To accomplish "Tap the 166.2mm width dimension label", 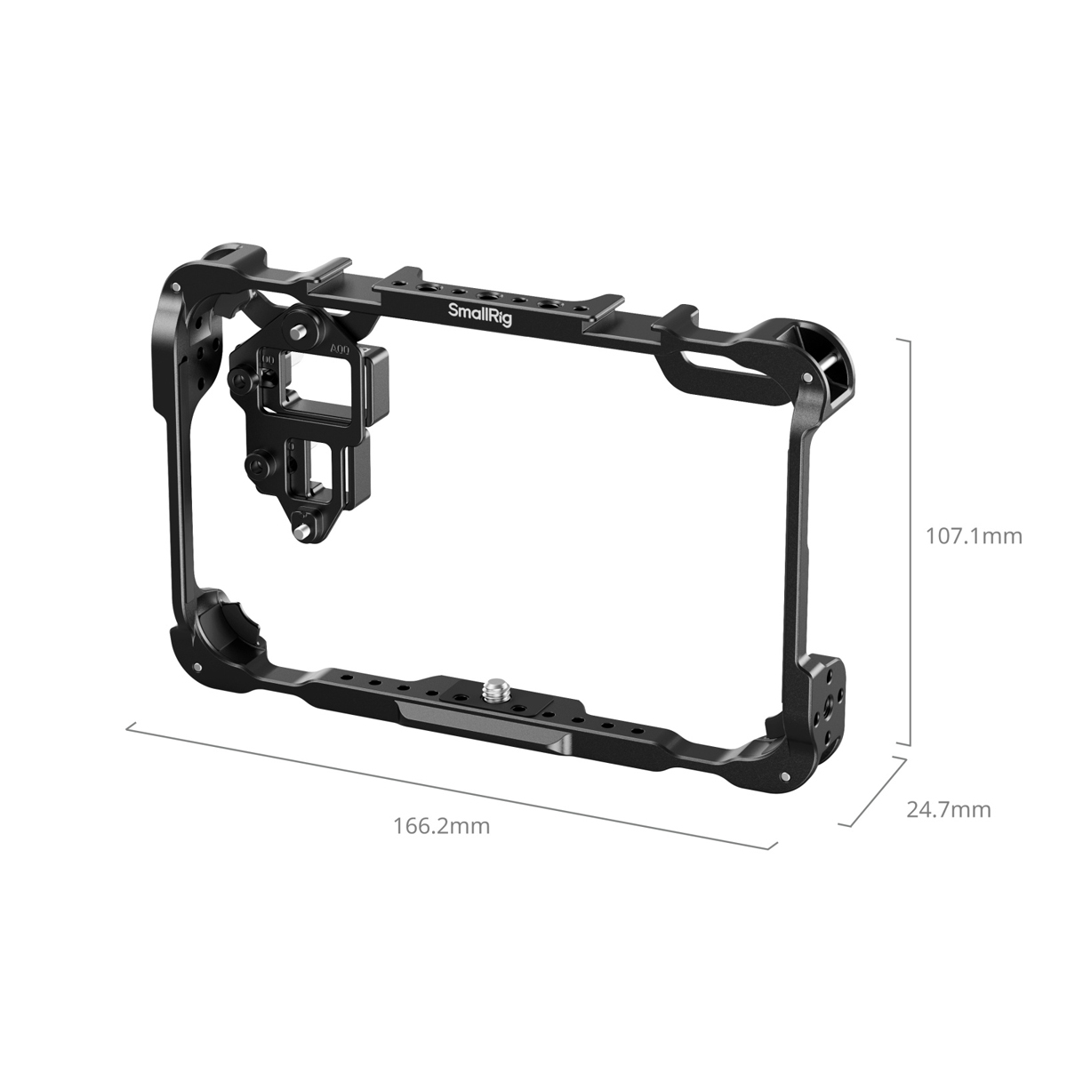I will (441, 825).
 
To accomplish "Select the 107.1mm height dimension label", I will (974, 536).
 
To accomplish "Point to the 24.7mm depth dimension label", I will (948, 809).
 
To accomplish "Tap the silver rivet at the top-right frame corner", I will (805, 379).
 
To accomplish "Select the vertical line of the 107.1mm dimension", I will (910, 542).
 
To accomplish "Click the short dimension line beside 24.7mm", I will (873, 792).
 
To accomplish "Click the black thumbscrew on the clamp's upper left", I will (241, 381).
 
